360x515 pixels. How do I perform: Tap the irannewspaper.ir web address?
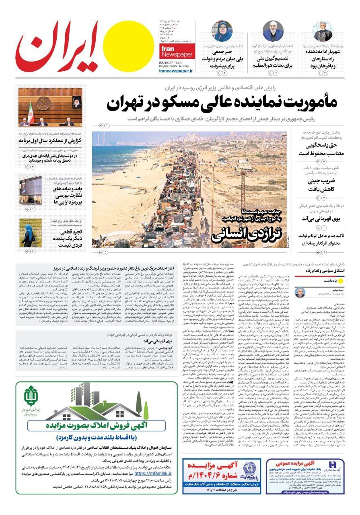point(171,70)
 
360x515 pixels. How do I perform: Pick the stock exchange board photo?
point(31,190)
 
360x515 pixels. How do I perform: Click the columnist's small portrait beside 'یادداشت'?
point(300,292)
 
